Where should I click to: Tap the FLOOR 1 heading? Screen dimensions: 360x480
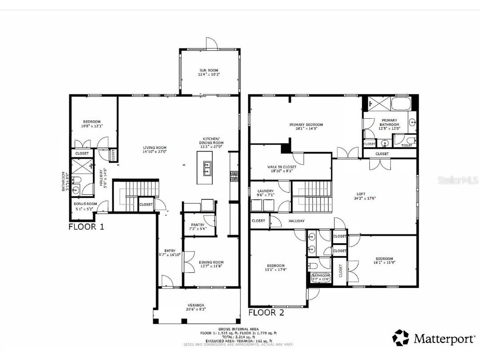tap(86, 227)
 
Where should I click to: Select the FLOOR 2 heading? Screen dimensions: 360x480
tap(266, 312)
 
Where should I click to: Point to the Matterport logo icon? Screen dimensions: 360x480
tap(401, 338)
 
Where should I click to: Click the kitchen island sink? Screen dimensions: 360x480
tap(206, 166)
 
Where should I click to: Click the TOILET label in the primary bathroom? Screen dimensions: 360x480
tap(407, 145)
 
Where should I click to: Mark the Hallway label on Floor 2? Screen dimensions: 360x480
tap(296, 221)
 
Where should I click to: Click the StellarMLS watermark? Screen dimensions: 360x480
tap(458, 180)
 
